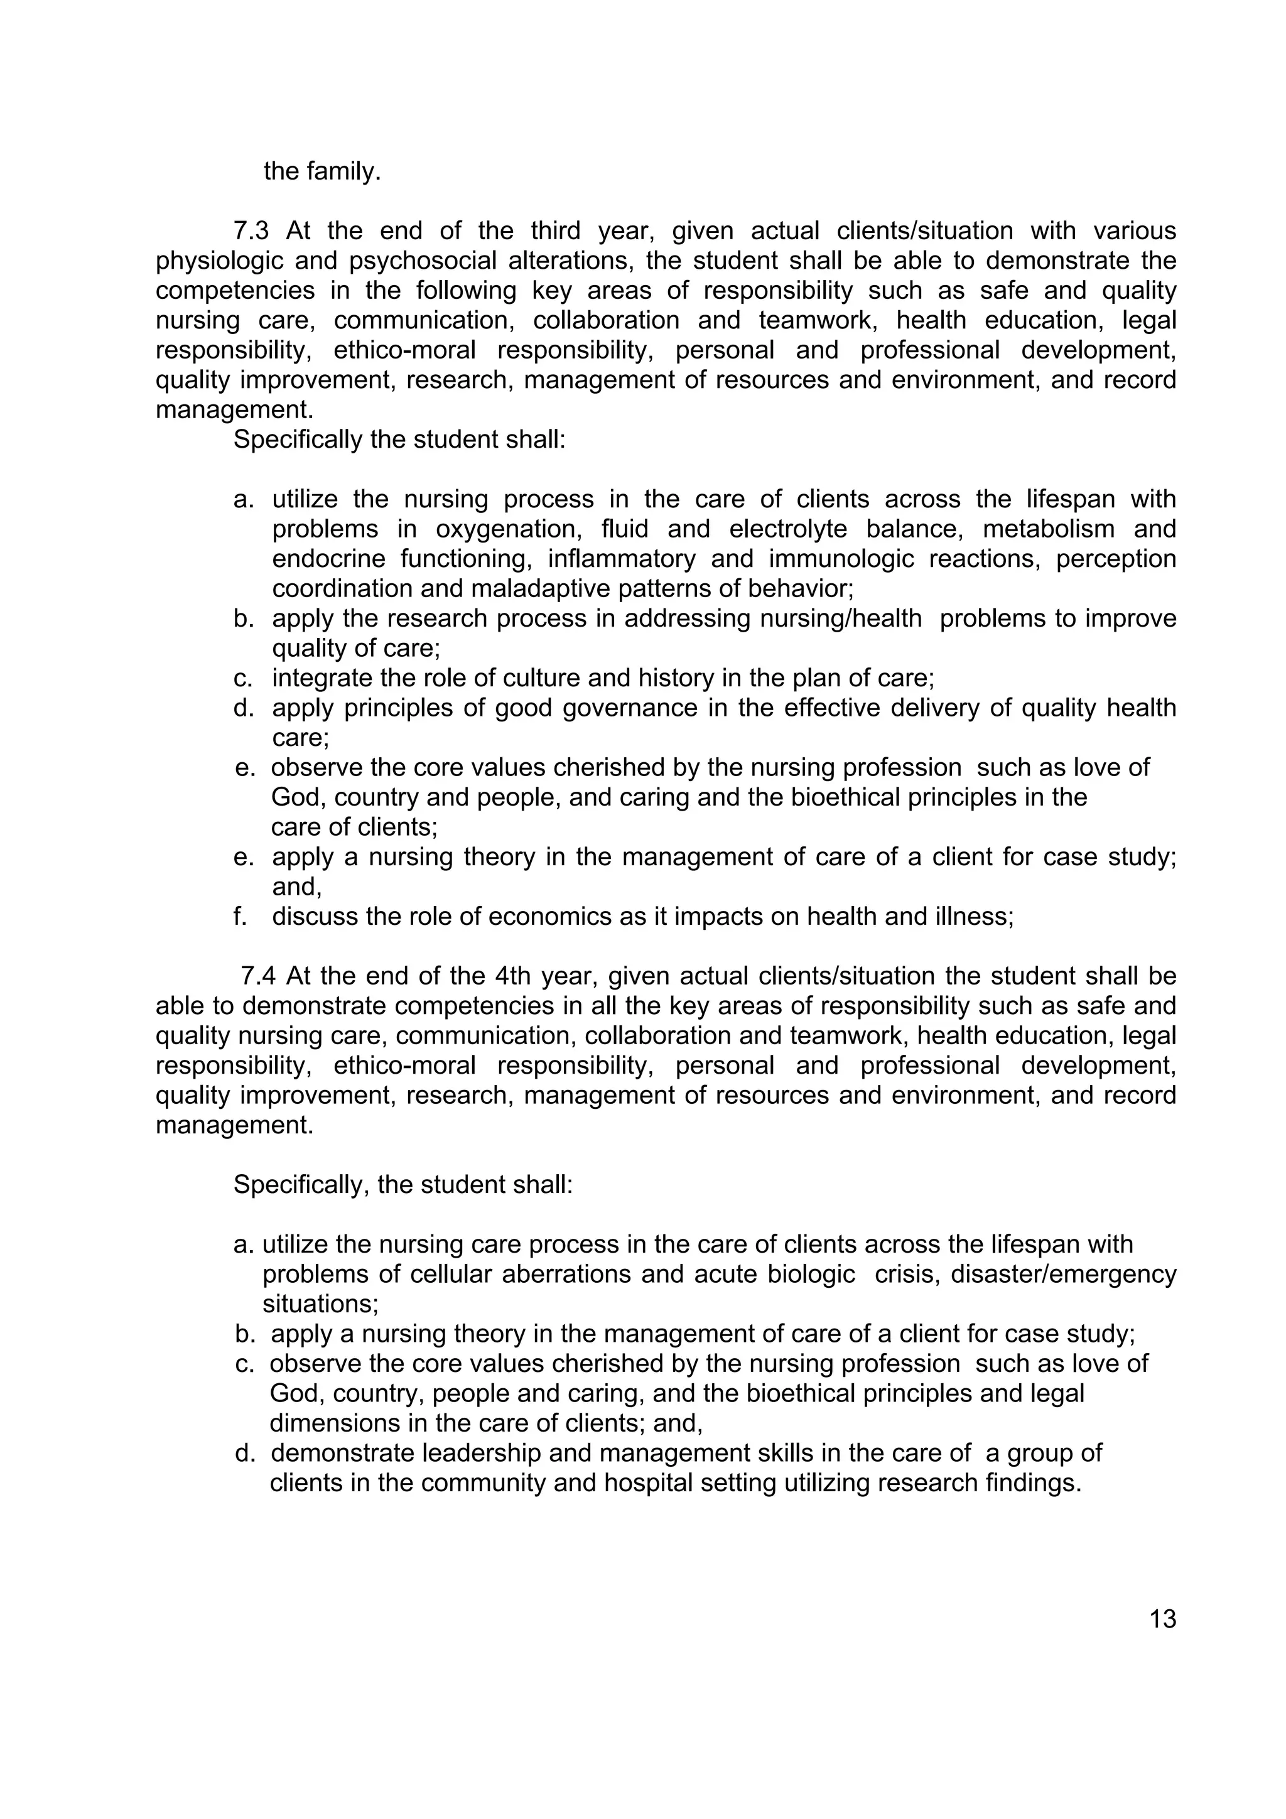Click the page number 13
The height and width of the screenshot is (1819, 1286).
1162,1619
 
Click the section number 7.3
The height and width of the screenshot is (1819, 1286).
251,231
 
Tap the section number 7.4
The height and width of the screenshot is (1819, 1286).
258,976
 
